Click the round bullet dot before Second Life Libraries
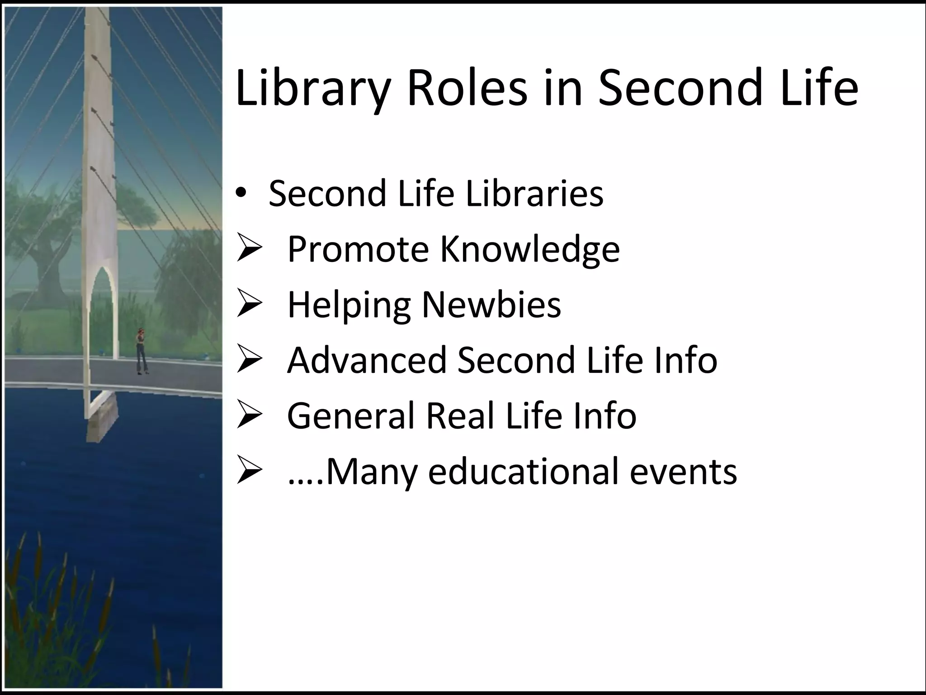[242, 194]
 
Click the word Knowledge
[530, 250]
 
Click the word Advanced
[367, 360]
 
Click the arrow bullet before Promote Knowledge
[249, 249]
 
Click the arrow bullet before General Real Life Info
[249, 416]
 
